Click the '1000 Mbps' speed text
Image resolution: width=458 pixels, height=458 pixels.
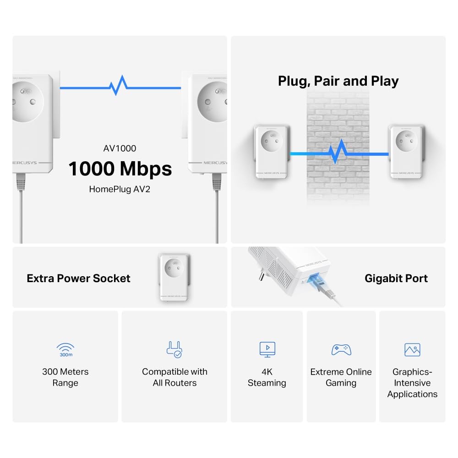120,169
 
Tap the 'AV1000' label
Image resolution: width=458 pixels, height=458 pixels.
120,148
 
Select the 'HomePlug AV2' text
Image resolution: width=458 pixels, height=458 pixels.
120,189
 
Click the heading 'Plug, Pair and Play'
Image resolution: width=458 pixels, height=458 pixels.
338,81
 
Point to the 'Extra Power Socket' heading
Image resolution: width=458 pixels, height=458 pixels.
79,278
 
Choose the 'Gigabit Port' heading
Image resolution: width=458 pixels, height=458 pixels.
396,278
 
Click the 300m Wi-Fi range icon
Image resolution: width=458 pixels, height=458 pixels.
65,350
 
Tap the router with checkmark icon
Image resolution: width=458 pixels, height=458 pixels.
174,349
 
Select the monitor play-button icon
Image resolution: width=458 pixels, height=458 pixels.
267,349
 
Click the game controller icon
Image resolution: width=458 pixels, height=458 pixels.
341,349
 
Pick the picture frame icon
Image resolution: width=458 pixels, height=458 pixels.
412,349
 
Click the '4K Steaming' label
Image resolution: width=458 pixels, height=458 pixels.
267,377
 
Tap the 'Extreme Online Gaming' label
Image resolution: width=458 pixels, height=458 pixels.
341,377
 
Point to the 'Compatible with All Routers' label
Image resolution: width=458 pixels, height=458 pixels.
174,377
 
